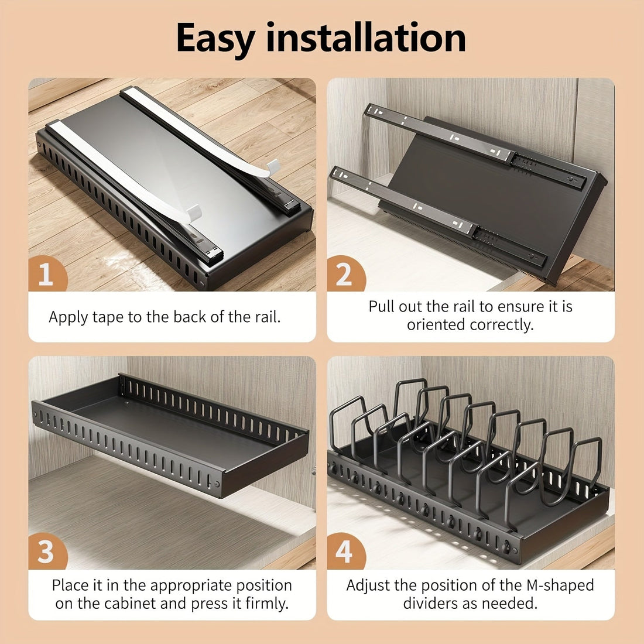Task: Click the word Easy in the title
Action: tap(215, 39)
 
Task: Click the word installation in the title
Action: tap(366, 39)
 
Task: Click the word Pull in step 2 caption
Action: tap(382, 307)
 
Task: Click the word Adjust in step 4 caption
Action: tap(367, 585)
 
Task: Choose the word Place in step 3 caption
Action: tap(70, 585)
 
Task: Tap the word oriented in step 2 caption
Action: tap(431, 325)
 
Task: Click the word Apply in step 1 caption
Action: tap(68, 317)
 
